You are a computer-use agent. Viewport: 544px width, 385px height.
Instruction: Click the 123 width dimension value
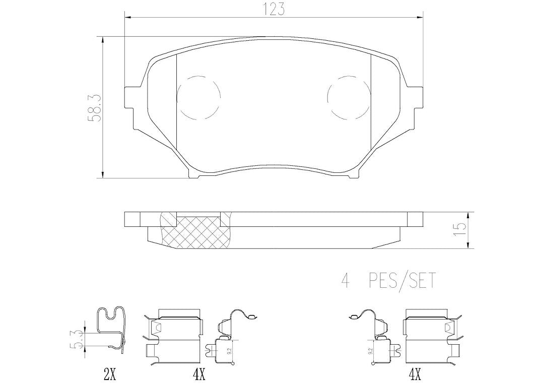(274, 9)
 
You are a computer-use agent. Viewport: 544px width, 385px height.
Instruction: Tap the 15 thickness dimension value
(461, 230)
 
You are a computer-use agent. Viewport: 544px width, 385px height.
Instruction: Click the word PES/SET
(401, 281)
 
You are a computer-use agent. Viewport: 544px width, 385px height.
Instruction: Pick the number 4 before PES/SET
(345, 281)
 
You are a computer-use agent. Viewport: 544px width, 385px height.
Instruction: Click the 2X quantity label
(109, 374)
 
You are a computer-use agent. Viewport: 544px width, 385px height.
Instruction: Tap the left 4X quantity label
(199, 374)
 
